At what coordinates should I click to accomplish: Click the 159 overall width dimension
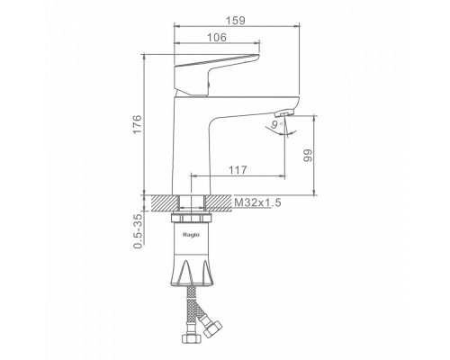click(236, 21)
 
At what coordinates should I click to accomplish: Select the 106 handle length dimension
click(217, 38)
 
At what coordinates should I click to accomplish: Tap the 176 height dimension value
click(137, 124)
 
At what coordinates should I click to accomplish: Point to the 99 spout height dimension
click(308, 156)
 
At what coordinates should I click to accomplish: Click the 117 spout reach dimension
click(238, 170)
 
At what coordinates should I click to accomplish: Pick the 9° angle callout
click(276, 124)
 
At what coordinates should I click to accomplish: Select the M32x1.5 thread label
click(257, 202)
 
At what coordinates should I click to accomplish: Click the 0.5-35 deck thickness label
click(137, 231)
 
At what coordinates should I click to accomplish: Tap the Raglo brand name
click(191, 235)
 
